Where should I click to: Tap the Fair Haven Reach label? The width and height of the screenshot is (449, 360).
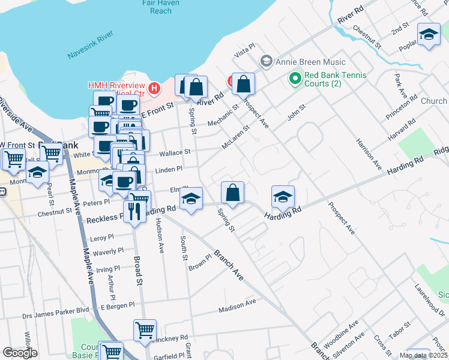tap(160, 7)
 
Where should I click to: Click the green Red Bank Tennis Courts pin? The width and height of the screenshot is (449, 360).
tap(295, 79)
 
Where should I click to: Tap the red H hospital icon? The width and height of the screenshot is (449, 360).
tap(154, 89)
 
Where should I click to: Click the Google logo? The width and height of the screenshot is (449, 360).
tap(20, 353)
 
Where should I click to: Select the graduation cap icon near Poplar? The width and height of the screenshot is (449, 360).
tap(429, 35)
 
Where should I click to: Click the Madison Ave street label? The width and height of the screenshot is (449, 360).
tap(237, 305)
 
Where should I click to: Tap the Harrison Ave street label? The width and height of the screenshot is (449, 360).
tap(368, 154)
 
